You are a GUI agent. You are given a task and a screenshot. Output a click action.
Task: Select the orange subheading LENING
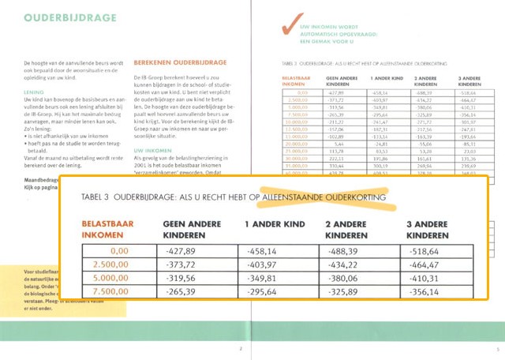(x=34, y=92)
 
